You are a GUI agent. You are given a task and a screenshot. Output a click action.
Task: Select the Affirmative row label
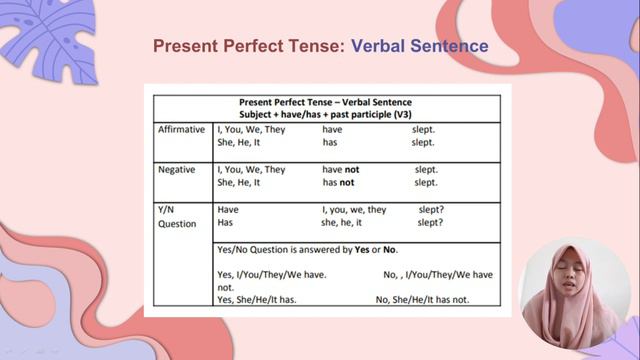click(x=181, y=130)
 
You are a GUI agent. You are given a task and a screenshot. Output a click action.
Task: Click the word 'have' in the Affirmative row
click(x=333, y=130)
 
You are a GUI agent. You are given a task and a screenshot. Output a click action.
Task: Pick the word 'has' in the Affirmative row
click(x=329, y=143)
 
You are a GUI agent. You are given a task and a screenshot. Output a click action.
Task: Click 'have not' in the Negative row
click(x=341, y=169)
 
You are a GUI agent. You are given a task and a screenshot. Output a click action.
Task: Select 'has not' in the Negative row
click(x=338, y=182)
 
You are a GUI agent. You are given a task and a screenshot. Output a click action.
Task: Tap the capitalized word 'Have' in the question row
click(x=228, y=210)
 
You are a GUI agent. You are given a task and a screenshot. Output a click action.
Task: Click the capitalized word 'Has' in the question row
click(x=225, y=223)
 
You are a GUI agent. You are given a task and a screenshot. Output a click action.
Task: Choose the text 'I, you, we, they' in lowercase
click(x=354, y=210)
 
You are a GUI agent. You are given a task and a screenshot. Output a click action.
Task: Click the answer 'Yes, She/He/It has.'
click(x=256, y=299)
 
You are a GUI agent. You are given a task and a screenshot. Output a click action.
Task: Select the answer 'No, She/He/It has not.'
click(x=422, y=299)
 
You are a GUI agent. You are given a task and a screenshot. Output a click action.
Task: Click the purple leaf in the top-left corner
click(x=50, y=40)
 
